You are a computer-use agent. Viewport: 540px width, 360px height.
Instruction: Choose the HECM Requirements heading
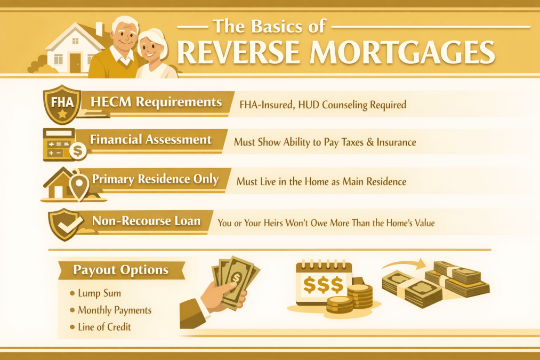(x=156, y=101)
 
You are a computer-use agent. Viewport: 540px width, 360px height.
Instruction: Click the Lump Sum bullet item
(x=99, y=293)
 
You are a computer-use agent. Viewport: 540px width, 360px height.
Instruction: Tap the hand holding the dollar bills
(x=224, y=293)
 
